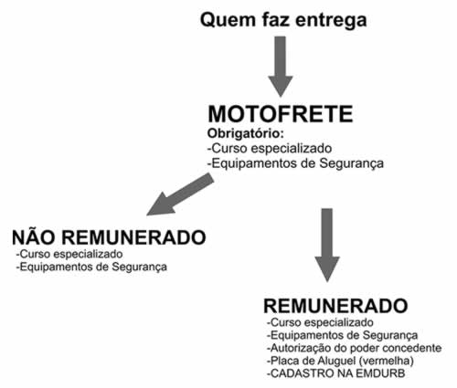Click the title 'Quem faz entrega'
283,21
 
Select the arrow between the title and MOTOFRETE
281,67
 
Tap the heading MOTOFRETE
281,114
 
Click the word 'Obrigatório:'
246,133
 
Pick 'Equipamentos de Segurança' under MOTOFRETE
295,163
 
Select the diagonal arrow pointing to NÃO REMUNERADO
180,194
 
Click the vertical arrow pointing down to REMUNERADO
327,245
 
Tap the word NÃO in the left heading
34,236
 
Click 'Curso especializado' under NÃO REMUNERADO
69,254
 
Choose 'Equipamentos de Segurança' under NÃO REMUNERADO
91,267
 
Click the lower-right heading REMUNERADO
335,306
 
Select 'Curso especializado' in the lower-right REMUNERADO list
320,322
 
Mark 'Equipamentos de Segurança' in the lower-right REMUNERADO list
343,335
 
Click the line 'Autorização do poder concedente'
355,348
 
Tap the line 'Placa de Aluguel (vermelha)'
340,361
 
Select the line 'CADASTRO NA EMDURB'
336,373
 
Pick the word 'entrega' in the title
331,22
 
